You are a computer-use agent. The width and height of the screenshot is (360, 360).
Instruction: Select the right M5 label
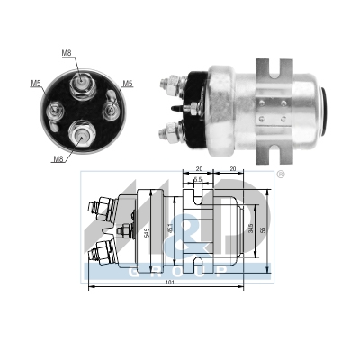coord(128,84)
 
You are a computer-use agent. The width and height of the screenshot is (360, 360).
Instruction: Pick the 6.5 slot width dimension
coord(195,181)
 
